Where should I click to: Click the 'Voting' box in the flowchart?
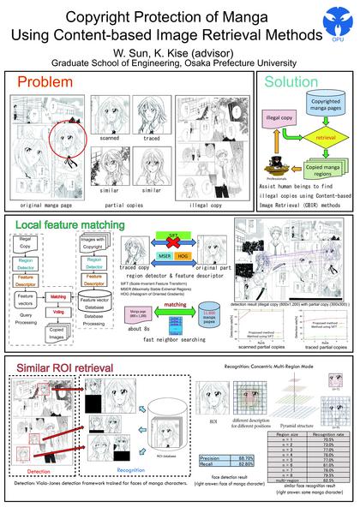pos(58,313)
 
